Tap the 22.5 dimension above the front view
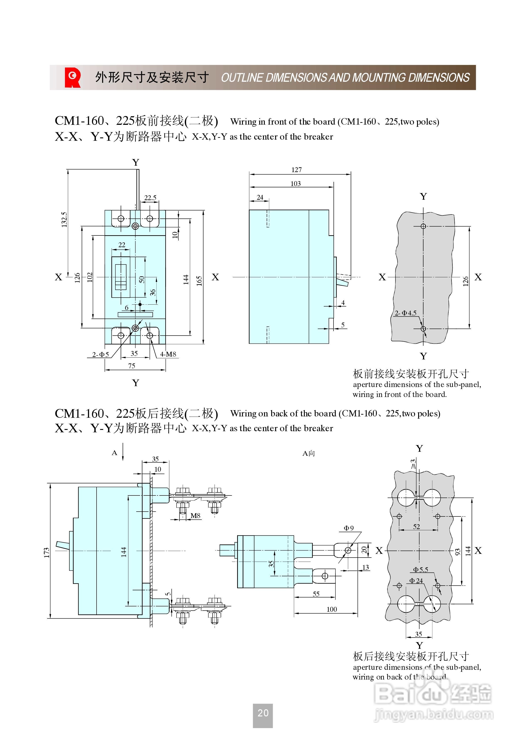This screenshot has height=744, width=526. tap(150, 198)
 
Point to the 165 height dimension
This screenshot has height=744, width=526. tap(199, 281)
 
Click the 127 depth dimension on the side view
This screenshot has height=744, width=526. tap(296, 170)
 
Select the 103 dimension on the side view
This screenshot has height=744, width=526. tap(295, 184)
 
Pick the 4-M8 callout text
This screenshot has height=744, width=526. tap(168, 354)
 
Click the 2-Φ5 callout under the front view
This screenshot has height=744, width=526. tap(100, 355)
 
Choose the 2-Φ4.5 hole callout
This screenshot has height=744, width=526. tap(405, 313)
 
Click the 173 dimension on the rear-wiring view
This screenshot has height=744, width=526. tap(46, 552)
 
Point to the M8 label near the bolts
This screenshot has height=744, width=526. tap(195, 516)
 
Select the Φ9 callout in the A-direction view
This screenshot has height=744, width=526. tap(349, 528)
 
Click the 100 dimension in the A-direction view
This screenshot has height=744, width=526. tap(332, 609)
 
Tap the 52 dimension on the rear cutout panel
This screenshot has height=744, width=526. tap(416, 527)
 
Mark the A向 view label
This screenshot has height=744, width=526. tap(308, 453)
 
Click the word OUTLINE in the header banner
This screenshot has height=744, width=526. tap(242, 78)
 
